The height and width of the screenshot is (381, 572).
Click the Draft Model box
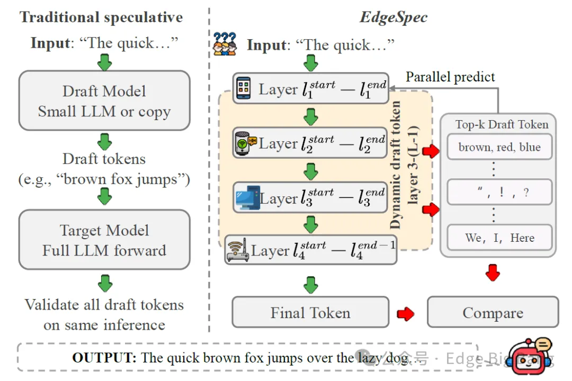104,101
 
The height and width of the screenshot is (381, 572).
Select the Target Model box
104,240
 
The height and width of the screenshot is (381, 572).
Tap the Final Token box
310,312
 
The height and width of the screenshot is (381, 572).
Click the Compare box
493,312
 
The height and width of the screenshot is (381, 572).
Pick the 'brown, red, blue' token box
499,147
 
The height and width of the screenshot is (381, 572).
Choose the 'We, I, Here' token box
499,238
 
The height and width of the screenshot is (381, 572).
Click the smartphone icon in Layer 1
244,88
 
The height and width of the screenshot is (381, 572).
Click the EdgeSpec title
394,17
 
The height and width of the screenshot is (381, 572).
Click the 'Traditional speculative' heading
101,17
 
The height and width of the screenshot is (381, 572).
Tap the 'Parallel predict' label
450,77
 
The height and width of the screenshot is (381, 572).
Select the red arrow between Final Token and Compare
406,313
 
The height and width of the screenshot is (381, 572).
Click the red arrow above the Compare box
493,272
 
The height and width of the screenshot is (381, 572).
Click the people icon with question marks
225,43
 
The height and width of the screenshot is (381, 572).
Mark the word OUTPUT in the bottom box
104,358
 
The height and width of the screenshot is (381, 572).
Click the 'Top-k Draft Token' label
502,125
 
